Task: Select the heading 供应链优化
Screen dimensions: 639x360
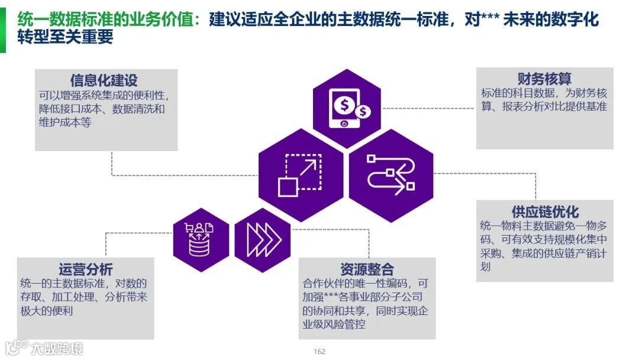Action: [x=545, y=211]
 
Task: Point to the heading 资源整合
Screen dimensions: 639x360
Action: [x=367, y=269]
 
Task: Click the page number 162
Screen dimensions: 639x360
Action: [x=319, y=352]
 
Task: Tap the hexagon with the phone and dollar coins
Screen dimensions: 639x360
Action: [x=347, y=108]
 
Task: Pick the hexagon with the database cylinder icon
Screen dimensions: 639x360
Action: [x=201, y=240]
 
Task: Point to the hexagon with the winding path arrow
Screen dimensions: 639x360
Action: [x=390, y=176]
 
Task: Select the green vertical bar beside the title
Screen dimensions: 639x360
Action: [x=2, y=28]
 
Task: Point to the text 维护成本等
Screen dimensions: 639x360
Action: [x=65, y=123]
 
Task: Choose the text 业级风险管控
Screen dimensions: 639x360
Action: [x=334, y=324]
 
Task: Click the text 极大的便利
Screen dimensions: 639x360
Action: [x=47, y=310]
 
